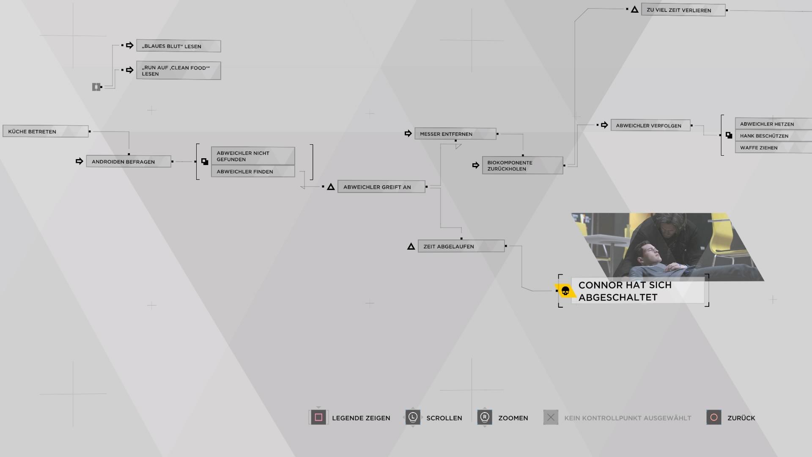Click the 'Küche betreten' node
pos(46,131)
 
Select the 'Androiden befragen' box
pos(129,161)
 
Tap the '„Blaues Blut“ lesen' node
pos(178,46)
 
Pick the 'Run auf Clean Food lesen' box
pos(178,70)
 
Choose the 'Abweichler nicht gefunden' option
pos(253,156)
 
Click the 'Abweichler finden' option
pos(253,171)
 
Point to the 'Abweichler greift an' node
pos(381,187)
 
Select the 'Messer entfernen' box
pos(455,134)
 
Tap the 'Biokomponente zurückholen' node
pos(522,165)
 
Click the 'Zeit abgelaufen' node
pos(461,246)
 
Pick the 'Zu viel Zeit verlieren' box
pos(683,10)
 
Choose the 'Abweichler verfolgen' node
pos(650,125)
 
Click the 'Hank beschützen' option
pos(774,136)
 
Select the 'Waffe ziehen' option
pos(774,148)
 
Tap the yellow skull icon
pos(565,291)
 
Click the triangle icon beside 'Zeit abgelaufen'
pos(411,246)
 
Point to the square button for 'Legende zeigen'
pos(318,417)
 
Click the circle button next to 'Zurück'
pos(713,417)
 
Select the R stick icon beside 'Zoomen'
pos(485,417)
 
